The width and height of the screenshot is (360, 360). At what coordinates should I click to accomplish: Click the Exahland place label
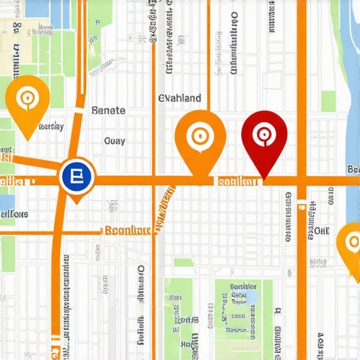[179, 98]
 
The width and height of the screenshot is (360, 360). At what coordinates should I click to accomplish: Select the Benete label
[108, 110]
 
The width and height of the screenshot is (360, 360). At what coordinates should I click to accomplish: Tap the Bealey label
[51, 127]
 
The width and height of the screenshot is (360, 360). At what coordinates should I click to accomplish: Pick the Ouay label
[114, 141]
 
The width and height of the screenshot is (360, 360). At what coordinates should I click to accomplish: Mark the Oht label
[321, 231]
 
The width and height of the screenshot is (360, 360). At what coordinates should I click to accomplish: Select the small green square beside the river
[328, 101]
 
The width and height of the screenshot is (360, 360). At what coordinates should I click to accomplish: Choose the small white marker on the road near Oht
[302, 205]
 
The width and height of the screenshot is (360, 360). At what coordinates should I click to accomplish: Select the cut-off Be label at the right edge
[353, 169]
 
